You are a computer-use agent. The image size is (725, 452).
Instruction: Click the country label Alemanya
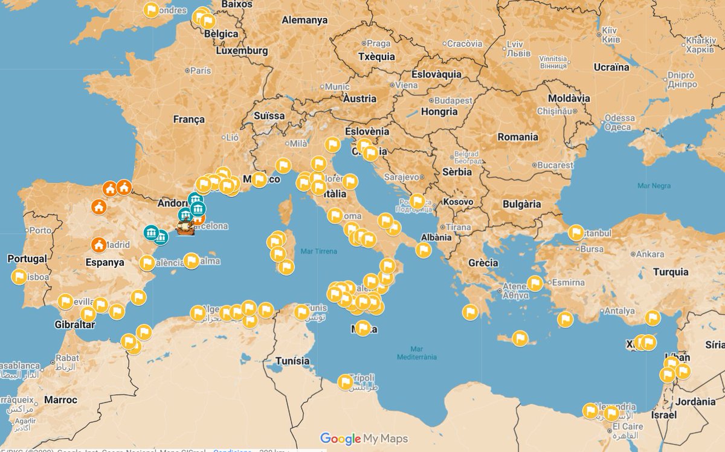[304, 20]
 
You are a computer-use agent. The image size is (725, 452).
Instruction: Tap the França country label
[189, 119]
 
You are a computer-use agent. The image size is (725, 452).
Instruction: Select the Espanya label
[105, 262]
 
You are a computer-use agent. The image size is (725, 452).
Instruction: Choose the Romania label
[517, 137]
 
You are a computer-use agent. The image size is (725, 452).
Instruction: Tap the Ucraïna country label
[611, 67]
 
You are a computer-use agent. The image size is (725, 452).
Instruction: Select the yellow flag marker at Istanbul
[576, 233]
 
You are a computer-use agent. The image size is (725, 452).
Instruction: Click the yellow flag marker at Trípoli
[345, 382]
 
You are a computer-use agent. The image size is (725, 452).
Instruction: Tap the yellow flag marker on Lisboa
[19, 277]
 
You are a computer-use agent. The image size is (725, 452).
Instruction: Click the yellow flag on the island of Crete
[520, 338]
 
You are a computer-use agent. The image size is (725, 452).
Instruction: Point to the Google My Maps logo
[364, 439]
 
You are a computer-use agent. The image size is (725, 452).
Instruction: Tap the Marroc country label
[60, 399]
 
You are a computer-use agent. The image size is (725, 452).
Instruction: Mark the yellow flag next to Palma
[192, 261]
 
